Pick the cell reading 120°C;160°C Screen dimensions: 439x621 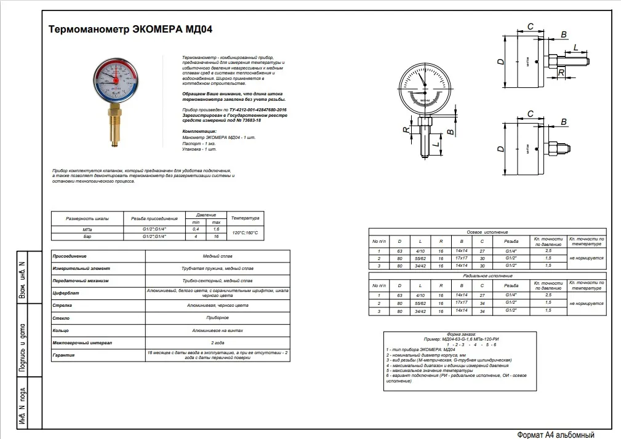pos(246,232)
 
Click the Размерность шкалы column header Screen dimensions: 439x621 pos(87,218)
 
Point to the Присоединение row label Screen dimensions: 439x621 pos(70,255)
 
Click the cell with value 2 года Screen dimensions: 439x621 pos(217,342)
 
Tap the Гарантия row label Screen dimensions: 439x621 pos(64,355)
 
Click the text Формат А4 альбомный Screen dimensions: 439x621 pos(556,434)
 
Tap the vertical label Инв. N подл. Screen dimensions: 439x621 pos(22,406)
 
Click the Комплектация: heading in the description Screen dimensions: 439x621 pos(199,132)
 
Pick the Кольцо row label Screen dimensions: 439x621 pos(61,330)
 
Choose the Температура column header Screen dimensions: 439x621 pos(246,218)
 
